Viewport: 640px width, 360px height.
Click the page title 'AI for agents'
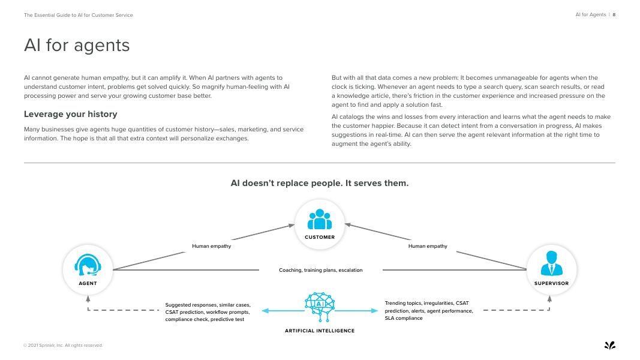click(x=77, y=46)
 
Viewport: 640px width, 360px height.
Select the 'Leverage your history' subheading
click(x=70, y=114)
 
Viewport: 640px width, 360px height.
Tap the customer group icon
click(x=320, y=220)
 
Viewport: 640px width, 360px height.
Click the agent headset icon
click(x=88, y=265)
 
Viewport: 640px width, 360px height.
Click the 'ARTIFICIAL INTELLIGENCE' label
click(x=320, y=331)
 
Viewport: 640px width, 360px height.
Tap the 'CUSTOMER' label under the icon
click(x=320, y=237)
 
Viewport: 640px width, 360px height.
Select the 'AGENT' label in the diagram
click(x=88, y=283)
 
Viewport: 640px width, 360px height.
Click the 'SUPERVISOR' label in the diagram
click(x=551, y=283)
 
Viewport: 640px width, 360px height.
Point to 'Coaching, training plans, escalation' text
click(x=321, y=270)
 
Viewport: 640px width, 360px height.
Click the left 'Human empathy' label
click(x=211, y=246)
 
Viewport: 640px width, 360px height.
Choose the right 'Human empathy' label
click(x=428, y=246)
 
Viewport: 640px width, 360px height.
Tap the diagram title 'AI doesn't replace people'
click(x=320, y=183)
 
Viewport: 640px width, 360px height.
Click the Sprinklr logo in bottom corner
click(x=609, y=345)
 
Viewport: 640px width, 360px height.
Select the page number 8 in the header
click(x=614, y=14)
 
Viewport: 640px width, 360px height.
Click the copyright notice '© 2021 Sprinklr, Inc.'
click(x=63, y=345)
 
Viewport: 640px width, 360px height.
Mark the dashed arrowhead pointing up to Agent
click(x=88, y=298)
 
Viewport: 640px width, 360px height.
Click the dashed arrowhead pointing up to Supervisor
click(x=550, y=298)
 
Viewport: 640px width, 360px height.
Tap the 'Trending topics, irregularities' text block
click(x=428, y=311)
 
